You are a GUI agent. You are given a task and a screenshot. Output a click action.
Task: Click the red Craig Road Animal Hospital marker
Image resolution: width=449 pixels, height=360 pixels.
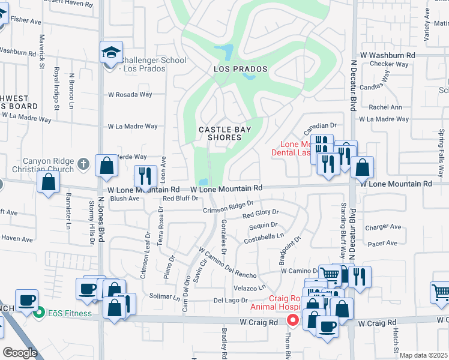[293, 320]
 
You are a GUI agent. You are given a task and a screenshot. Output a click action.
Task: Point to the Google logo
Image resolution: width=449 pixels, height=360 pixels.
[20, 353]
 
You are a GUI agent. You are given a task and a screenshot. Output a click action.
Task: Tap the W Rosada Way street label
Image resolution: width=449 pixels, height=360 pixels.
[130, 94]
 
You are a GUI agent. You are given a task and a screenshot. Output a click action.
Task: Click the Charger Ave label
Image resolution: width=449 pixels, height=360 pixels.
[383, 227]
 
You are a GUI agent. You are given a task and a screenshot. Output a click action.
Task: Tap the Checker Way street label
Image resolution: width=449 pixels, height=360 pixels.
[390, 64]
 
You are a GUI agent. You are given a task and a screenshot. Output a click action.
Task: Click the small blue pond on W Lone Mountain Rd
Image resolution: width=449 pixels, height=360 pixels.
[203, 182]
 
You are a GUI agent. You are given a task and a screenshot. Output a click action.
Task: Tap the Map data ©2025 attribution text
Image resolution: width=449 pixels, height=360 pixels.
[423, 355]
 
